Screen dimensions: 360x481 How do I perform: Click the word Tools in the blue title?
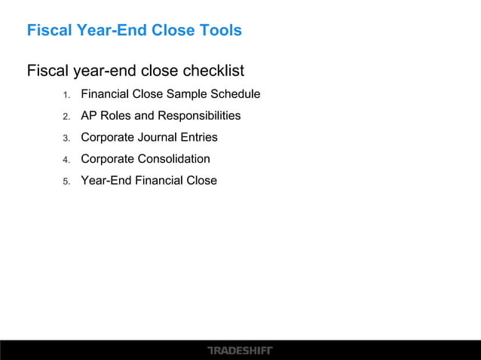pos(220,31)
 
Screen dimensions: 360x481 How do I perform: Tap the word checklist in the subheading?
pos(213,72)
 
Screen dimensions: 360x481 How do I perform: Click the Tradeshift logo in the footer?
pos(240,350)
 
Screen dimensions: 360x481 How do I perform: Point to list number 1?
pos(66,95)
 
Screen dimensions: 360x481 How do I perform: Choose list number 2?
pos(66,117)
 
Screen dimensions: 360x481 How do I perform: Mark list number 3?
pos(66,138)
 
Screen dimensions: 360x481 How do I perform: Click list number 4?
pos(66,160)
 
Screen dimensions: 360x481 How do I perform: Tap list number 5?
pos(66,182)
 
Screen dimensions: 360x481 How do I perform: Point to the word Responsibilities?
pos(199,116)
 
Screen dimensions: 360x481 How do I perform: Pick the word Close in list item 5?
pos(202,181)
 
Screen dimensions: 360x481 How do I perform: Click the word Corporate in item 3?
pos(107,138)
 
